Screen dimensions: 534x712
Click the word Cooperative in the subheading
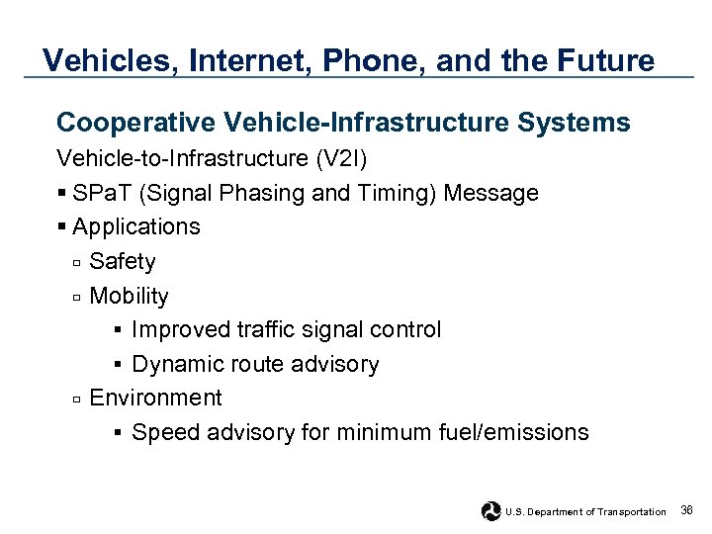[x=136, y=123]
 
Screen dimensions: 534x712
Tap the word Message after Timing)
[x=490, y=193]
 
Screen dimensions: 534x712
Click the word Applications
[x=136, y=227]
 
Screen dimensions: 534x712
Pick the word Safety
[x=123, y=262]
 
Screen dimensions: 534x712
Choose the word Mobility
[x=129, y=297]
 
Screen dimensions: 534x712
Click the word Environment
[x=155, y=399]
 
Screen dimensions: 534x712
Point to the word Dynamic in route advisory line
[x=175, y=365]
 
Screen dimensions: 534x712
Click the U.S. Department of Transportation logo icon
[x=490, y=511]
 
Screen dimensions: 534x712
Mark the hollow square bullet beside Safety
[x=76, y=263]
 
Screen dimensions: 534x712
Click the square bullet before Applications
[x=62, y=227]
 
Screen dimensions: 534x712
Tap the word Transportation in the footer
[x=633, y=512]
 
